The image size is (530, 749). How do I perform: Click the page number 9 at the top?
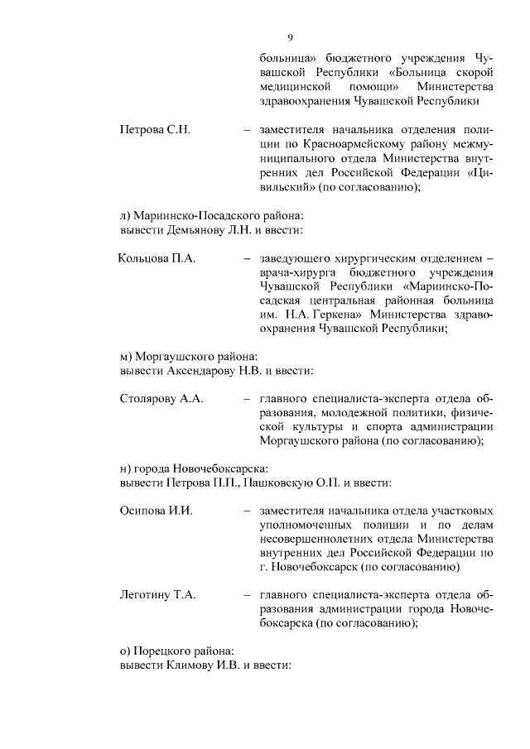click(x=291, y=36)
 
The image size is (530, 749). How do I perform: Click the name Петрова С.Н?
click(x=156, y=130)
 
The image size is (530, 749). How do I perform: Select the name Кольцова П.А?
click(x=157, y=259)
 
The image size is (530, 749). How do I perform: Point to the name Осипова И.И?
click(x=157, y=511)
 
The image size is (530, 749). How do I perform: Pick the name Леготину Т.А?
click(x=158, y=595)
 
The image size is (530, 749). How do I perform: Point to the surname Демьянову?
click(x=203, y=229)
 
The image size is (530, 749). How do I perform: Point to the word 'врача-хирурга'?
click(x=294, y=273)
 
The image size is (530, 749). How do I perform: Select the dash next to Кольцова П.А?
click(x=247, y=260)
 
